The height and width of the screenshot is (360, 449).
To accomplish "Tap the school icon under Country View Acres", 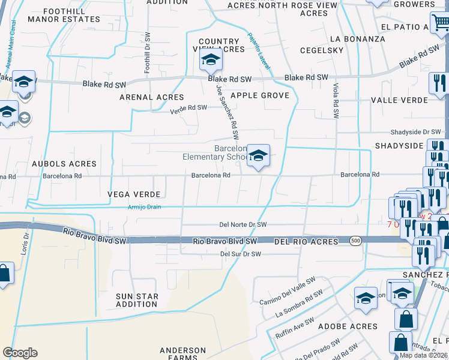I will pos(211,60).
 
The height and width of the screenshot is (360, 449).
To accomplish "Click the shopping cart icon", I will pos(441,23).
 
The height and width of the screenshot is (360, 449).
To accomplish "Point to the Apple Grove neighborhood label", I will pos(260,95).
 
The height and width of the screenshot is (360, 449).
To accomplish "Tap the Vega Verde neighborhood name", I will pos(134,194).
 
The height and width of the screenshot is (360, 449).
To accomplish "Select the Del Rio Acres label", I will pos(303,241).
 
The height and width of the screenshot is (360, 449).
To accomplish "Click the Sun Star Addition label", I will pos(137,300).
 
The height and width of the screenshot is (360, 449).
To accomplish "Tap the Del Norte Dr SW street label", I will pos(243,224).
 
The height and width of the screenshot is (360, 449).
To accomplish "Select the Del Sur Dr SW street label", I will pos(241,254).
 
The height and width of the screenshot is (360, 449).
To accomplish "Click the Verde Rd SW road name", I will pos(188,109).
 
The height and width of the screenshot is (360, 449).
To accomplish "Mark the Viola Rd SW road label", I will pos(336,100).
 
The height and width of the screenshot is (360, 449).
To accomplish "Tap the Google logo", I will pos(20,353).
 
